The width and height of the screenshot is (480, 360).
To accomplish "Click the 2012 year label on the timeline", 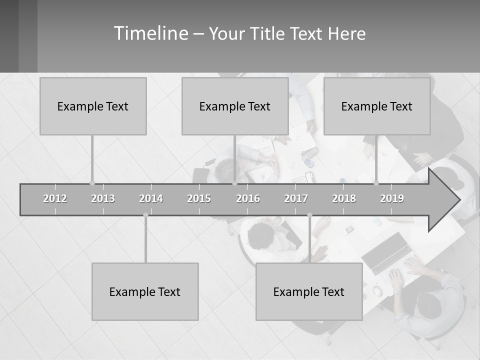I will click(55, 198).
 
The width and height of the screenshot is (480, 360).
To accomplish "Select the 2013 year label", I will click(103, 198).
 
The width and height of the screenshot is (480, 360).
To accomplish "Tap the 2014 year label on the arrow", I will click(151, 198).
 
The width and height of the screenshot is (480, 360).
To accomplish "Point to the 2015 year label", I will click(199, 198).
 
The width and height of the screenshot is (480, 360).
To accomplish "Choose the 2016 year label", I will click(248, 198).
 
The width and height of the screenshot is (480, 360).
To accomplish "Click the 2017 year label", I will click(296, 198).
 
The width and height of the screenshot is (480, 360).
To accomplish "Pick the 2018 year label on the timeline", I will click(344, 198).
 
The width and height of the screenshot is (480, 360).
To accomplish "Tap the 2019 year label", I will click(392, 198).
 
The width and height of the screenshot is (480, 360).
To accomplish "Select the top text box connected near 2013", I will click(93, 106).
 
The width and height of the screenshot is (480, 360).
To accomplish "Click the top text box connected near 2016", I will click(235, 106).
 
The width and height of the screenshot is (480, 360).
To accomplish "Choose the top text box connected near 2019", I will click(377, 106).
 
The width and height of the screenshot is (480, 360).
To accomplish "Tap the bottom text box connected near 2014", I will click(145, 291).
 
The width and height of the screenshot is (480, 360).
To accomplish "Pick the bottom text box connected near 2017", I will click(309, 291).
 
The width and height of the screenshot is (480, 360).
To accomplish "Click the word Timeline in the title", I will click(150, 33).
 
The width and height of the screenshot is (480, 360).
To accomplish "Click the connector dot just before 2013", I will click(92, 183).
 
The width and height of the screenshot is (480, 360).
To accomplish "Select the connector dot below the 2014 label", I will click(145, 215).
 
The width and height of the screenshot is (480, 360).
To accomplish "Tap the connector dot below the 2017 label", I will click(309, 215).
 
